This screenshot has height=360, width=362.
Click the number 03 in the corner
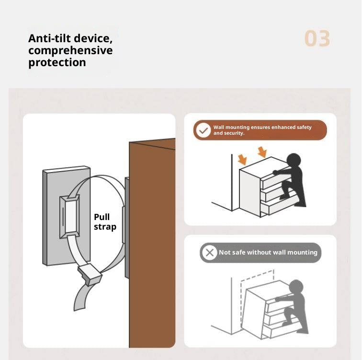317,38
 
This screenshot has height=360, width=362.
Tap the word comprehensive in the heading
70,51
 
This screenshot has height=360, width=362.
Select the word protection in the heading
57,63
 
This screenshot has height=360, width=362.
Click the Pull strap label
105,222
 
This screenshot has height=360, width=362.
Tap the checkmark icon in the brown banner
204,130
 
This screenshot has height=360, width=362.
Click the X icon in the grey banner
209,253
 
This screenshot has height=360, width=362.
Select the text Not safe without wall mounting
268,252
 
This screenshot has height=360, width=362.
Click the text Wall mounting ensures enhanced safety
262,127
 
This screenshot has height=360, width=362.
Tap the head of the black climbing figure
294,160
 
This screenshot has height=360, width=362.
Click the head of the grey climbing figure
296,287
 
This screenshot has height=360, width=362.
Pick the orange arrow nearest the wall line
242,160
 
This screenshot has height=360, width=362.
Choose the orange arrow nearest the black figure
262,152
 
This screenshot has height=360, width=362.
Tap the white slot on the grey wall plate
71,217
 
